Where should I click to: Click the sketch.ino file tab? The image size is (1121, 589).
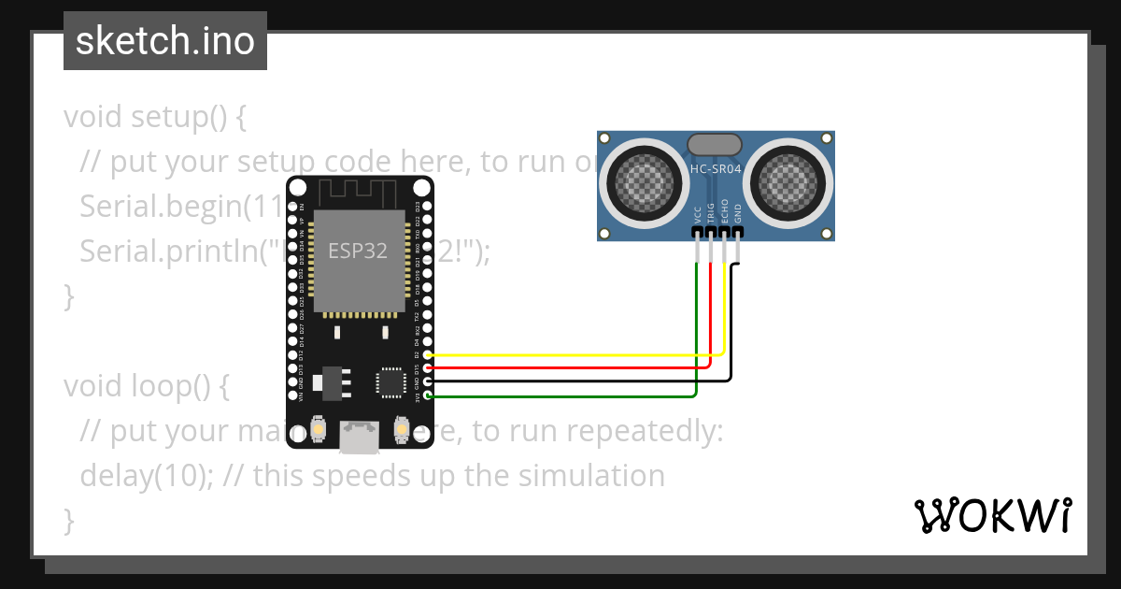[165, 41]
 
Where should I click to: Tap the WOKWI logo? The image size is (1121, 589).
[992, 515]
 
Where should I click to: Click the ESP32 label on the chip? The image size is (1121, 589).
[357, 251]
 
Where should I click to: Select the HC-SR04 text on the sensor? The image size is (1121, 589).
[715, 169]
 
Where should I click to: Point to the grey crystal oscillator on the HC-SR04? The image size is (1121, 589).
[715, 144]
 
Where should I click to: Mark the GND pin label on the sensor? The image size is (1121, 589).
[738, 212]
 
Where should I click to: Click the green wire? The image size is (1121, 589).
[560, 396]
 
